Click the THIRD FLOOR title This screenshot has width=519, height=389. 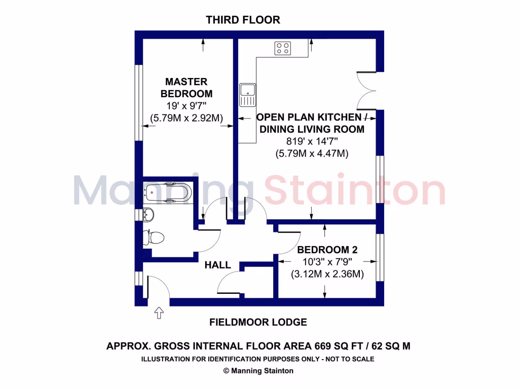tap(243, 20)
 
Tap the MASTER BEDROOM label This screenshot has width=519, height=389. tap(187, 88)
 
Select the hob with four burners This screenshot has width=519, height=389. tap(283, 48)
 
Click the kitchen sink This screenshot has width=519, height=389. tap(248, 95)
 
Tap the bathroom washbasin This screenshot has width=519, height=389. tap(147, 215)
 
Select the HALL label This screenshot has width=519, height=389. tap(218, 265)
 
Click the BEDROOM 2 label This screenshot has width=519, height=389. tap(327, 250)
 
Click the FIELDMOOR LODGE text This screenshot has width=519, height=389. tap(258, 322)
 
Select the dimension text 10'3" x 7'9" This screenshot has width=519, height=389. tap(327, 262)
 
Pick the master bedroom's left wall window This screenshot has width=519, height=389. tap(138, 102)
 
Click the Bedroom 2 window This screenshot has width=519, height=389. tap(380, 258)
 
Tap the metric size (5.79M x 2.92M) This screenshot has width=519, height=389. tap(187, 118)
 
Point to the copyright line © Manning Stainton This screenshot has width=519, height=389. tap(258, 371)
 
